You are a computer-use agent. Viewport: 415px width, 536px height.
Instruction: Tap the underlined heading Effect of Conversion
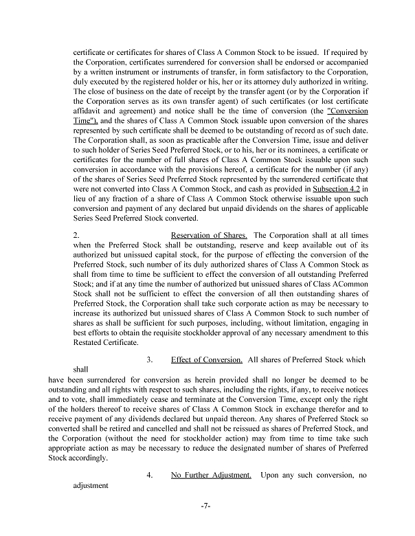(206, 359)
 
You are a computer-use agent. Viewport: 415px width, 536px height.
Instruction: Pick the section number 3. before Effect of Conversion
(149, 359)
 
